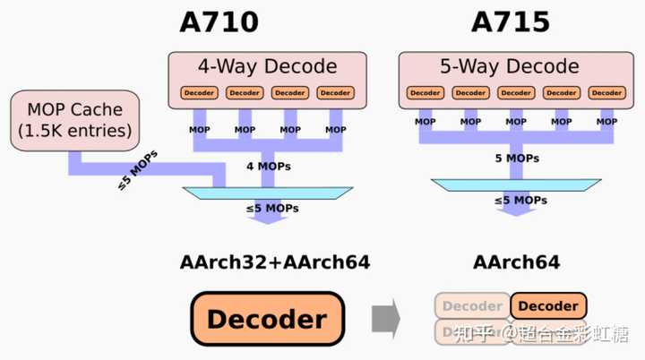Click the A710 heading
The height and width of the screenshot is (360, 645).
(x=219, y=21)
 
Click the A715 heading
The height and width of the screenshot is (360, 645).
(x=510, y=21)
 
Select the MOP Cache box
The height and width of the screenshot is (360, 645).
(x=74, y=120)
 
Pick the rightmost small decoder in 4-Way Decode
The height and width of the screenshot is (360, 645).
(x=335, y=92)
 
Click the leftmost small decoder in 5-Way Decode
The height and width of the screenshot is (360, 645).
(x=425, y=92)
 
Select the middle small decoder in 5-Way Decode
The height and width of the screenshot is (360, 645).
(x=515, y=92)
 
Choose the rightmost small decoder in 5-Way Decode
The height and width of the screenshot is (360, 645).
(x=606, y=92)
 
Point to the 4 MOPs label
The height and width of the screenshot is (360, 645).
(x=269, y=166)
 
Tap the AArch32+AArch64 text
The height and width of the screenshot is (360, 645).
(x=275, y=262)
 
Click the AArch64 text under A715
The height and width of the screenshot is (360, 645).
(x=517, y=262)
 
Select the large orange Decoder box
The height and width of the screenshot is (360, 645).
(x=268, y=319)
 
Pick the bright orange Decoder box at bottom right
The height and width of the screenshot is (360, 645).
(x=548, y=306)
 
